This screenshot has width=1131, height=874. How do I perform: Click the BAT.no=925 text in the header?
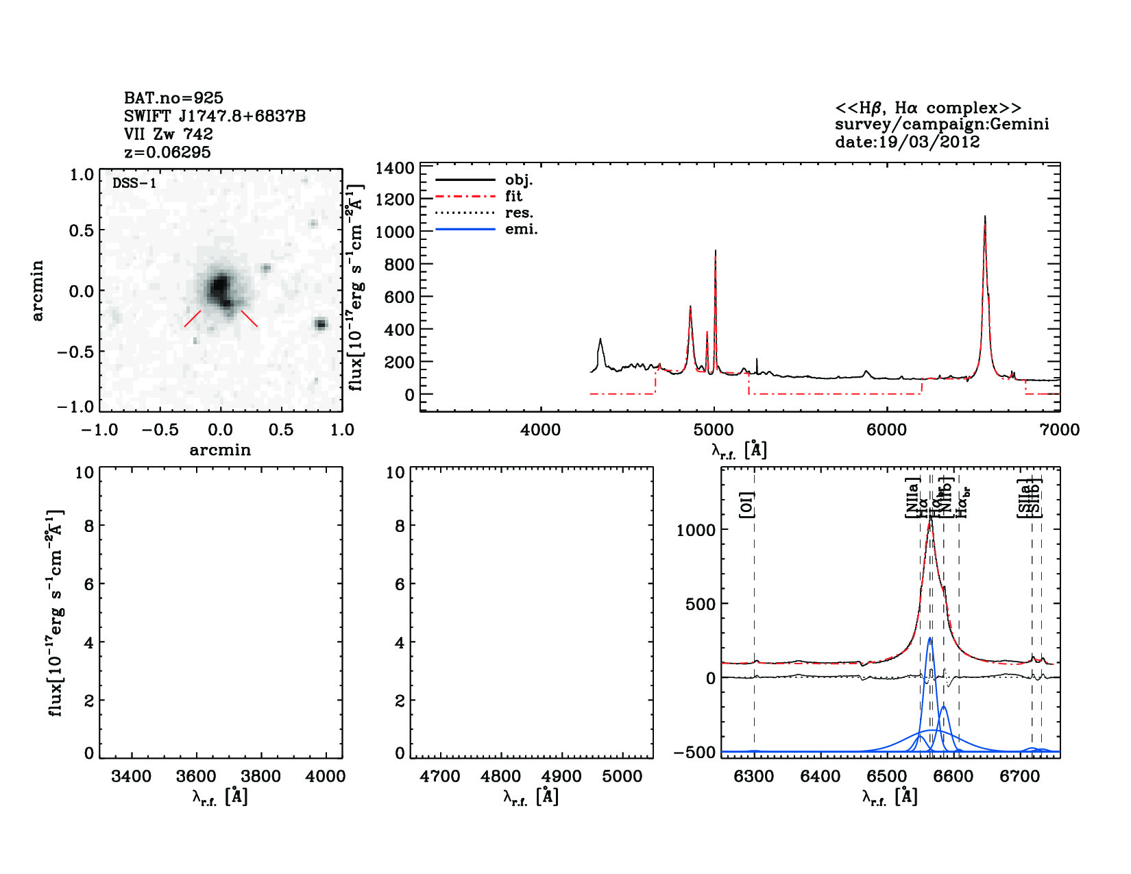click(x=173, y=98)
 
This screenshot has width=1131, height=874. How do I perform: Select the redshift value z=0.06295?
click(x=167, y=152)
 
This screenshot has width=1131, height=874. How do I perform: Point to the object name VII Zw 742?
click(x=169, y=134)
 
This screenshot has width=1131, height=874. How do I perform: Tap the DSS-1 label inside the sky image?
click(x=134, y=183)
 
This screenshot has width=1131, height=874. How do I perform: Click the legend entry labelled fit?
click(x=513, y=196)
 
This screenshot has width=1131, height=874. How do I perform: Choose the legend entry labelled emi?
click(x=522, y=230)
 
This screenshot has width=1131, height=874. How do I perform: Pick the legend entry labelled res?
click(x=519, y=213)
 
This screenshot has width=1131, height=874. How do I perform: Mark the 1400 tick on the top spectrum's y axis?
click(x=395, y=168)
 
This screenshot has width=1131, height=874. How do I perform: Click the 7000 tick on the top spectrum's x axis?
click(x=1060, y=430)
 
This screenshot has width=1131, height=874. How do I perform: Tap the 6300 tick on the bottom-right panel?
click(x=753, y=776)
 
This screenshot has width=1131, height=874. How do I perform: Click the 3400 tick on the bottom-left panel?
click(x=131, y=776)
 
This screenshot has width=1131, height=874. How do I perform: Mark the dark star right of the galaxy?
click(x=320, y=324)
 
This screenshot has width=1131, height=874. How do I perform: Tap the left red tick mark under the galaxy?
click(x=193, y=319)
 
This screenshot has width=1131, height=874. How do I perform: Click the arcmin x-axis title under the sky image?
click(x=220, y=450)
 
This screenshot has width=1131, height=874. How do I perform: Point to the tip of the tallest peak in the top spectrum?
click(x=985, y=217)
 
